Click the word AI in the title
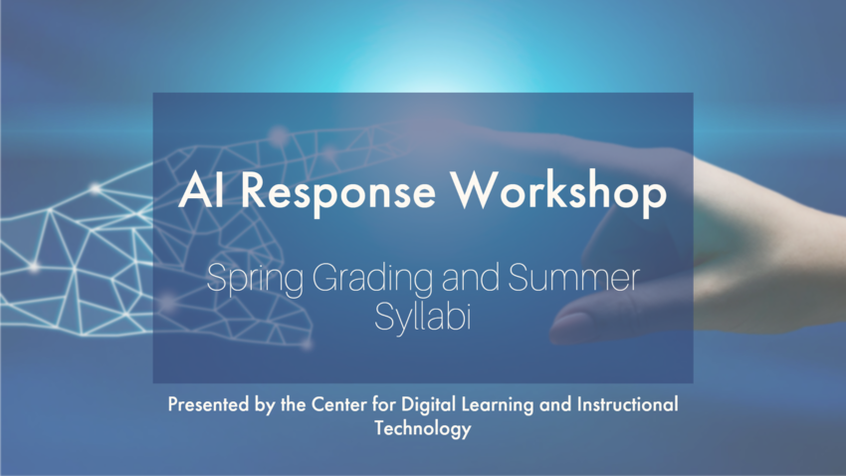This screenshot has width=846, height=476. tap(201, 190)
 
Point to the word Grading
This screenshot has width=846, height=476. tap(373, 280)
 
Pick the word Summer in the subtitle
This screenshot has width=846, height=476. tap(573, 278)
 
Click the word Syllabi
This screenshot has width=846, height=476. tap(422, 317)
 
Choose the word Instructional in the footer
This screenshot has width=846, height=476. tap(627, 403)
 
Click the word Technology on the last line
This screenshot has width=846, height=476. tap(422, 429)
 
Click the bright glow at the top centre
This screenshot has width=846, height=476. tap(429, 70)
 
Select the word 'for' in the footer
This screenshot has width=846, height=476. tap(383, 404)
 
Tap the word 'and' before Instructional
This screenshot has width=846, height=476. tap(555, 404)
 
